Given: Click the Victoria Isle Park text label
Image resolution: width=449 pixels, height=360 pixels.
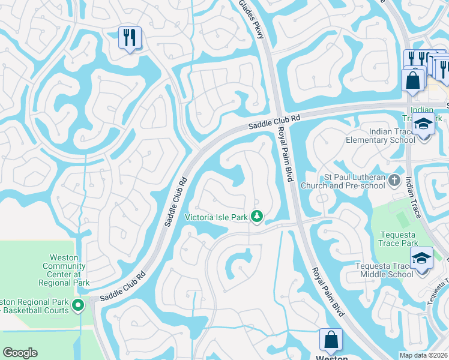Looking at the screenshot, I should (x=216, y=217).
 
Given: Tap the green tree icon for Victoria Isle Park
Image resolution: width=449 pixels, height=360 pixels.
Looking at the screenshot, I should (x=257, y=216).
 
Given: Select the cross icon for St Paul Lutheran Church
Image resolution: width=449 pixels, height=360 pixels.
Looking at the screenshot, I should (x=394, y=179).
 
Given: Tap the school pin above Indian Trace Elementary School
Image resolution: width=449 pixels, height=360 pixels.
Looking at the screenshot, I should (x=424, y=125).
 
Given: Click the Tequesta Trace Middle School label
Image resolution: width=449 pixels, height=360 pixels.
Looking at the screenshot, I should (x=376, y=270).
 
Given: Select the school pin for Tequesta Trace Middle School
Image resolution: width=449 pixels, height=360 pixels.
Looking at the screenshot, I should (x=421, y=259).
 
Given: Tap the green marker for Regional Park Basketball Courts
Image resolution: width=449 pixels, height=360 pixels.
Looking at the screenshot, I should (x=78, y=306).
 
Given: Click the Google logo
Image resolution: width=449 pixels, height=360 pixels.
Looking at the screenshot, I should (x=20, y=353).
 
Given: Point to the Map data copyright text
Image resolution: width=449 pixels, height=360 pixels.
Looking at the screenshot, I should (x=424, y=355).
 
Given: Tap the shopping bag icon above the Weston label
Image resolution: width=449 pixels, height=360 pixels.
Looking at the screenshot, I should (x=331, y=340).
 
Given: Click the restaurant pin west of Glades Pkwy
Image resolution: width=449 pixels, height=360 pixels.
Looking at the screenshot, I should (x=130, y=37).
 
